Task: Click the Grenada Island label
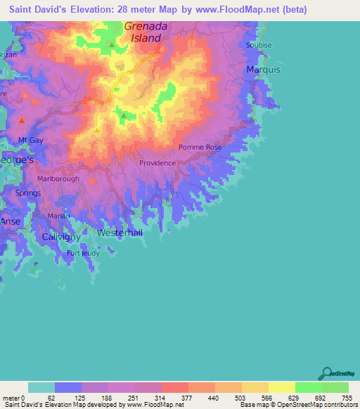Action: (x=148, y=32)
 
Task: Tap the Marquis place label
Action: (x=263, y=70)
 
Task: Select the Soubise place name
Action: (x=259, y=45)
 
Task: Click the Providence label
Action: (x=157, y=163)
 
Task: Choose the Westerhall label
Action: (x=120, y=233)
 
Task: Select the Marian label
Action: (x=59, y=216)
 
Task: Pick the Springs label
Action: (x=27, y=193)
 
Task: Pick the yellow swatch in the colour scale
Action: (x=282, y=387)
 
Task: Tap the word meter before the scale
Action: (x=12, y=397)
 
